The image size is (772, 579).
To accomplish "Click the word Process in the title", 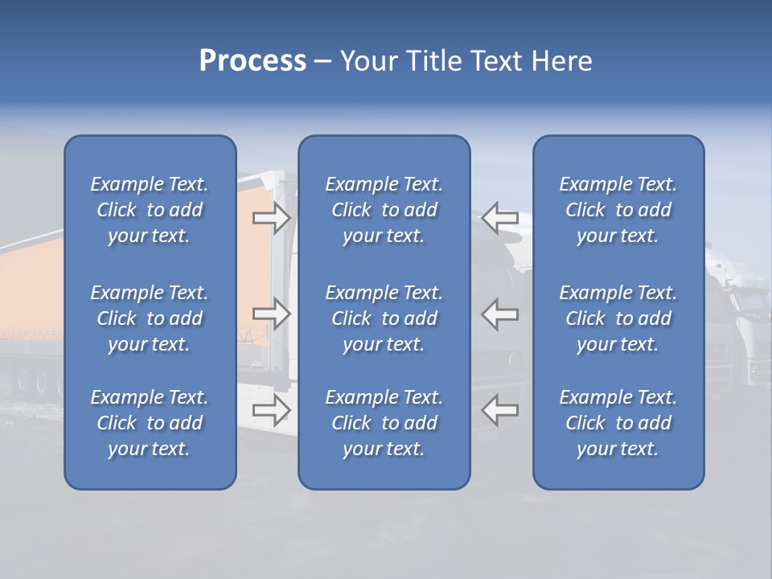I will (x=253, y=61).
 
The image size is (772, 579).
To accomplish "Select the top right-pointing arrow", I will (x=272, y=217).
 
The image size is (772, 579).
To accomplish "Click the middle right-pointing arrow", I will (x=272, y=313).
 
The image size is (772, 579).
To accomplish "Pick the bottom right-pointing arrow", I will (x=272, y=409).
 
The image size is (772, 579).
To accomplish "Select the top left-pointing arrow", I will (x=500, y=217).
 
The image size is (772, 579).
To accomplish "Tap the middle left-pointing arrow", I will (x=500, y=313).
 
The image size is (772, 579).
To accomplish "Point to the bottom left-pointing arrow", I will (x=500, y=409).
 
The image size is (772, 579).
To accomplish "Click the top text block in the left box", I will (x=150, y=210).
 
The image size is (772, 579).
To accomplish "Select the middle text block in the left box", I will (x=150, y=318).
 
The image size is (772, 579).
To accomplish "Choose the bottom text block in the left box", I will (x=150, y=423).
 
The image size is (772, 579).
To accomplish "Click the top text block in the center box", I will (x=384, y=210).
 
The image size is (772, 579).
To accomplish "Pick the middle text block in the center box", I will (x=384, y=318).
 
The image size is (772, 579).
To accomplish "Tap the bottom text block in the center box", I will (x=384, y=423).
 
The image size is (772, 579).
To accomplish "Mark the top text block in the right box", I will (x=618, y=210).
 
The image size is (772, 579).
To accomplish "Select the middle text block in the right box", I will (x=618, y=318).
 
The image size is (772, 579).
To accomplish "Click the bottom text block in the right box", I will (x=618, y=423).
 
